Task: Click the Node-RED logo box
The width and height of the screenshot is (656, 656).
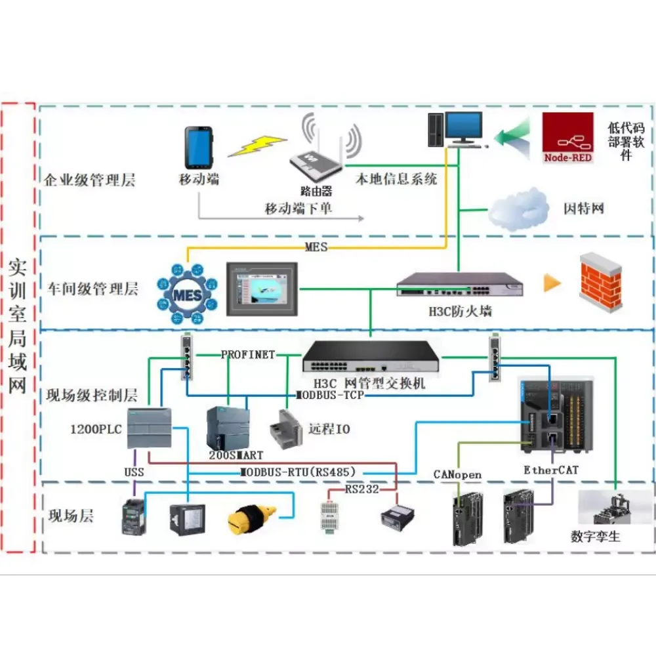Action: [568, 137]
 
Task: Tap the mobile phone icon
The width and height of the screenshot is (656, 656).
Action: [197, 148]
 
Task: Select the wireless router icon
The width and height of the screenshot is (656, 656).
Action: [317, 161]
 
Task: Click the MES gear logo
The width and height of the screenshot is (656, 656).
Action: [187, 295]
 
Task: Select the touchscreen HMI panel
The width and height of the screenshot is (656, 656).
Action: [261, 289]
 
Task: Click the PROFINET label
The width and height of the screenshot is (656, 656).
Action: [247, 355]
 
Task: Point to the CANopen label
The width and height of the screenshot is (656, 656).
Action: [457, 474]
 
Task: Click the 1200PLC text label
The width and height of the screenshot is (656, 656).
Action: [96, 430]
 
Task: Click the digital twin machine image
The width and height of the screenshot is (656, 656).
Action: [615, 508]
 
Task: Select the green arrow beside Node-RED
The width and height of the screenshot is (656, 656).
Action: [511, 136]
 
